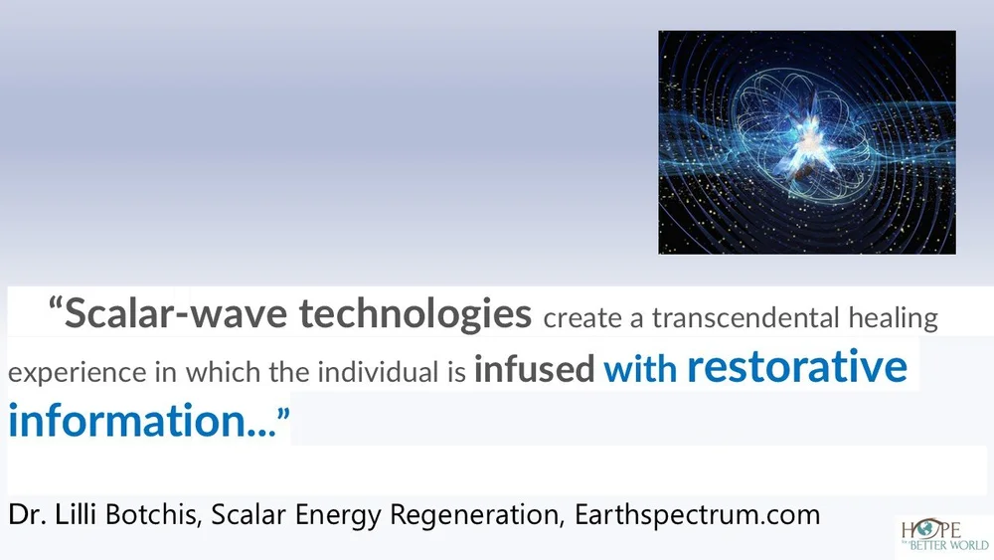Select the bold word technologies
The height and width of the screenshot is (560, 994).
415,314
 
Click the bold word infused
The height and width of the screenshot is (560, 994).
535,370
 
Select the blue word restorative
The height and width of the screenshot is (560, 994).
796,367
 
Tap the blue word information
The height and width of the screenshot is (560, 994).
128,420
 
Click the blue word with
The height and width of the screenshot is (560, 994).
640,370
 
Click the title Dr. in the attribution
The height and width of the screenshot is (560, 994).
26,515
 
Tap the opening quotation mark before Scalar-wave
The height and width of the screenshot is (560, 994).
55,306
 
